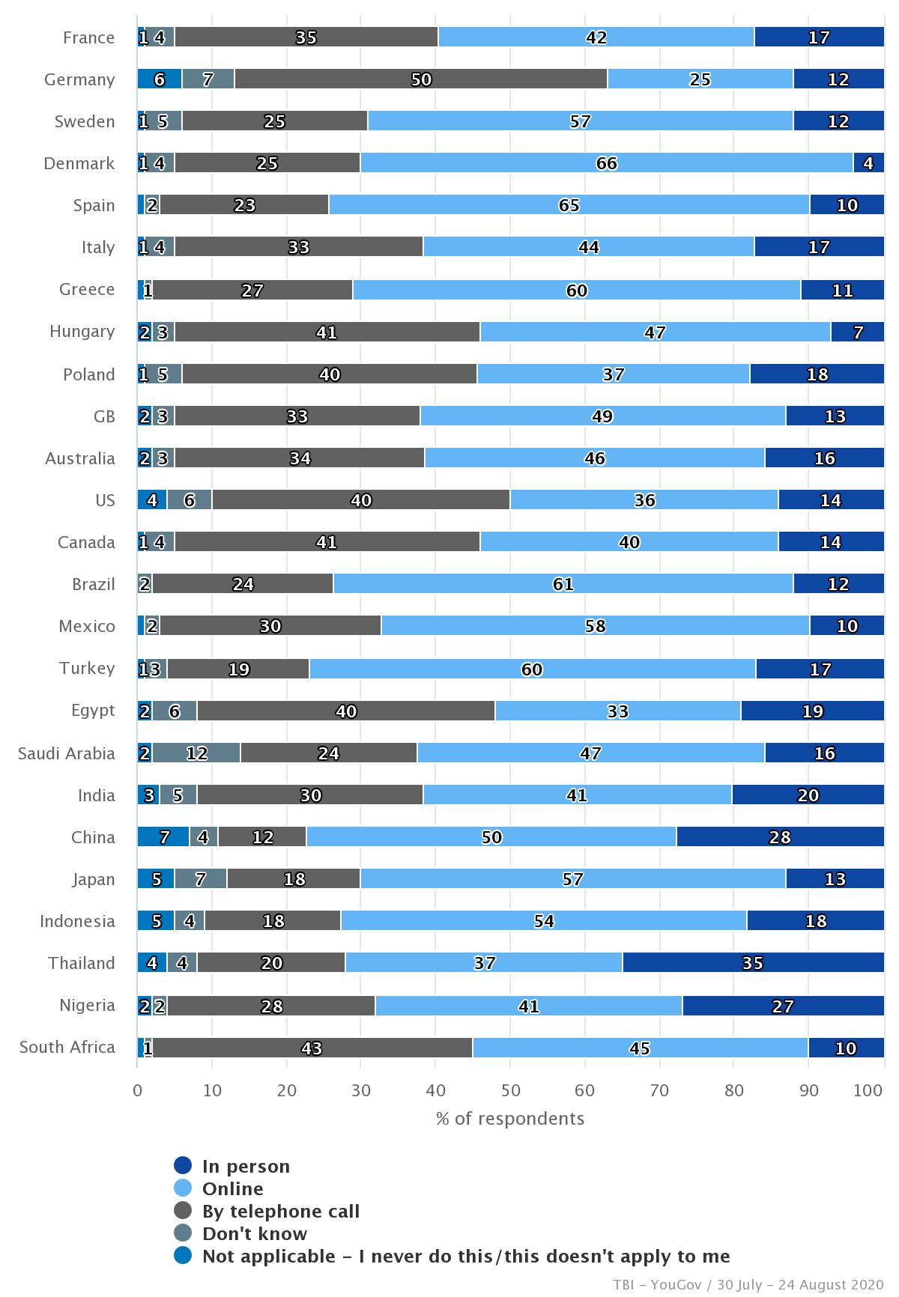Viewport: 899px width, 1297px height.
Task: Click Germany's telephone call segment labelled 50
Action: click(421, 79)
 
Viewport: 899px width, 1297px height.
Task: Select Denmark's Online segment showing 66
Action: click(606, 163)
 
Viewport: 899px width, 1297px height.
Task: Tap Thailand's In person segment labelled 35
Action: click(753, 963)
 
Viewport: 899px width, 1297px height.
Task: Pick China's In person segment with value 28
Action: click(780, 837)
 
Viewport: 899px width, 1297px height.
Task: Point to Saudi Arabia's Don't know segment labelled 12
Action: click(196, 753)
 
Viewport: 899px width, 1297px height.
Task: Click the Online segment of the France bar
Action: click(596, 37)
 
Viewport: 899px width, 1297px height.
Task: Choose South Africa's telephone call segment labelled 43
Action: click(312, 1048)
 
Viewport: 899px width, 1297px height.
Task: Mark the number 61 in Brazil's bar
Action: click(563, 584)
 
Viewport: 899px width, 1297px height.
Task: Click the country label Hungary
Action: click(82, 331)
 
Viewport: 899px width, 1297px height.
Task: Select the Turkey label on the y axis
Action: click(87, 668)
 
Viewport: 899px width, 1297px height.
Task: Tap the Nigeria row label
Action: click(87, 1005)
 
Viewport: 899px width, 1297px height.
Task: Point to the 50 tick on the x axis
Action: click(510, 1090)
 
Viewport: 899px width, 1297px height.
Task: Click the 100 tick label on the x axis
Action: click(868, 1090)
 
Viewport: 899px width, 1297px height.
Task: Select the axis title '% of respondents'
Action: click(510, 1119)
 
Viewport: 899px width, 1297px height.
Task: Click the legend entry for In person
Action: click(246, 1166)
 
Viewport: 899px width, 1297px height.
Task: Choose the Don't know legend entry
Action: click(255, 1233)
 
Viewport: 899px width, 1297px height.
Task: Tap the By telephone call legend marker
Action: click(183, 1211)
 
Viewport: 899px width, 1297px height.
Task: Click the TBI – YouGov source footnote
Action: click(748, 1285)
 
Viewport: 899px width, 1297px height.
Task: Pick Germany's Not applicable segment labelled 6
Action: click(159, 79)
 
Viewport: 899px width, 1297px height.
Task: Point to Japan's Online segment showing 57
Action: click(572, 879)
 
